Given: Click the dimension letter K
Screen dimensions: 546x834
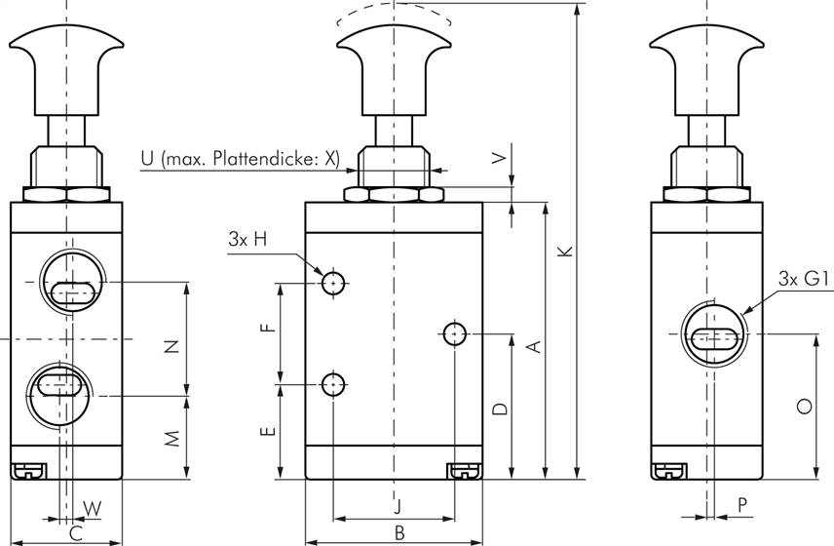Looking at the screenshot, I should pos(563,251).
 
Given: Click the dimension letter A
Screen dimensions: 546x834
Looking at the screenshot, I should pos(533,345).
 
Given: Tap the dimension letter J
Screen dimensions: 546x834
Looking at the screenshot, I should pos(397,505).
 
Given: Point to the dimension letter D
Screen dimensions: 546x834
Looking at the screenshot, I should pos(498,409).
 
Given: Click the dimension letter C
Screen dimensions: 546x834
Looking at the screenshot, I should pos(76,532).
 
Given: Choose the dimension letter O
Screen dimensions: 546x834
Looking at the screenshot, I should pos(804,407).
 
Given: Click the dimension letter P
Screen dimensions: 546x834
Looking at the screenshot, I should pos(742,505).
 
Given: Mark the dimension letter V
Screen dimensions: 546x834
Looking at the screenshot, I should pos(500,159).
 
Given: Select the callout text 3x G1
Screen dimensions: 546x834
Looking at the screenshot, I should pos(804,281).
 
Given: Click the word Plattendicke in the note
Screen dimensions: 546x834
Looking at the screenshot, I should pos(264,159).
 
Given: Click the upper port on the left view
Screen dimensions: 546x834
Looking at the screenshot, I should pos(67,284).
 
